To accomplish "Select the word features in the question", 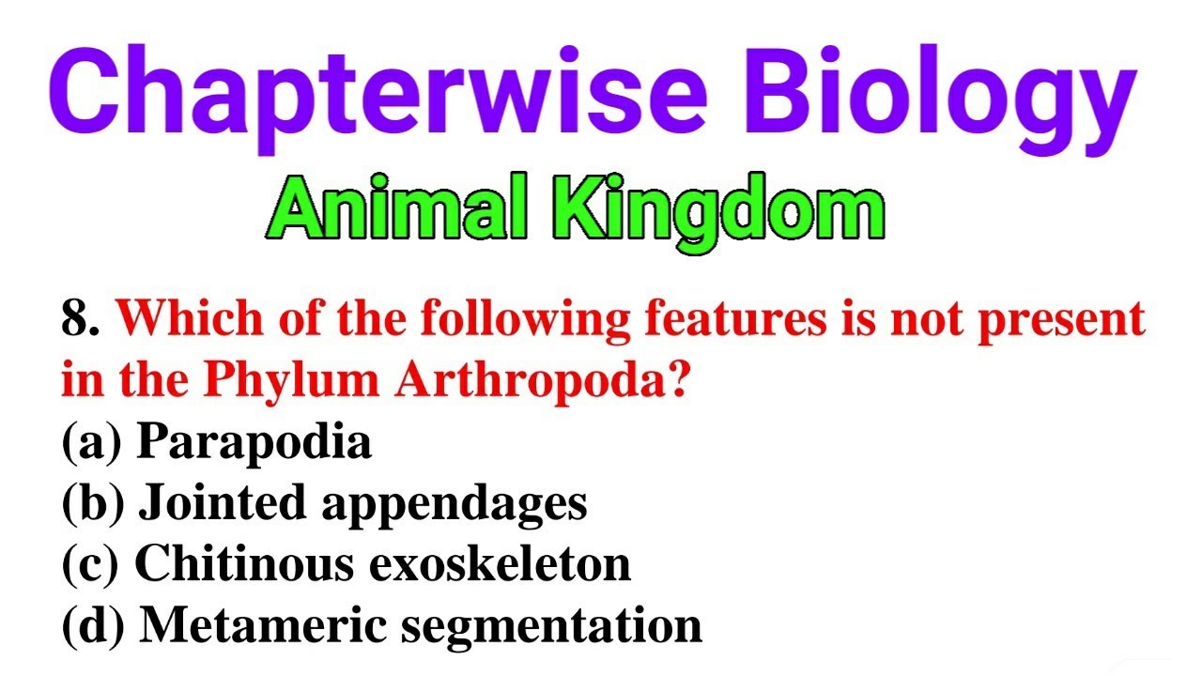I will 732,320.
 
